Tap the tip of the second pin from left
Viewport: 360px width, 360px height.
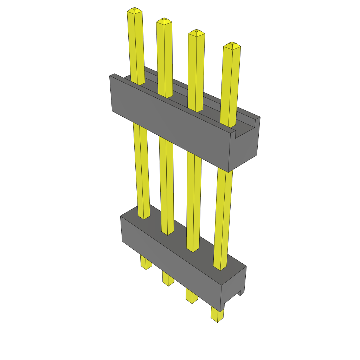click(164, 21)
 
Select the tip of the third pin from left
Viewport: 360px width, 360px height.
click(197, 33)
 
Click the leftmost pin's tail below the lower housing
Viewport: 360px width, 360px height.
click(146, 263)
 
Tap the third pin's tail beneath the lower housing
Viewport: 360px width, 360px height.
click(192, 297)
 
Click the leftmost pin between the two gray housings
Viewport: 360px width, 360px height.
click(141, 169)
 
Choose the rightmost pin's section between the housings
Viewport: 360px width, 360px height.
click(224, 218)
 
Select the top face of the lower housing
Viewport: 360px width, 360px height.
click(183, 239)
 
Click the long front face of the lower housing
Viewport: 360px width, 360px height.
click(169, 264)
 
